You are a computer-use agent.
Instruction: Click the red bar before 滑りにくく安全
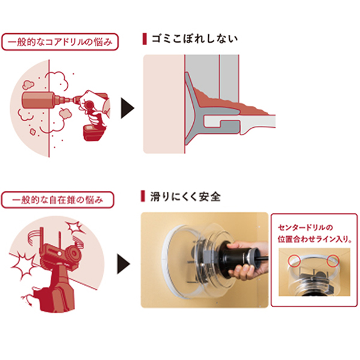pos(142,196)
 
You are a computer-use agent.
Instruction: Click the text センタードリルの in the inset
pos(302,229)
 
